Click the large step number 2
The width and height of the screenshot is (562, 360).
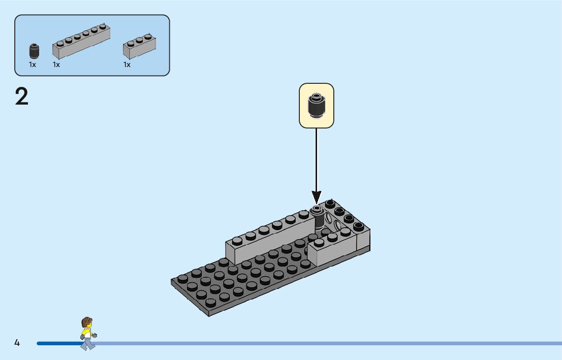[x=22, y=96]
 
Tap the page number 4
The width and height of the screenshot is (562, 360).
[x=17, y=343]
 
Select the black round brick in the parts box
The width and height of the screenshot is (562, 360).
[x=34, y=51]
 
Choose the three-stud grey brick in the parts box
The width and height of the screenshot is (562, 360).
[x=139, y=46]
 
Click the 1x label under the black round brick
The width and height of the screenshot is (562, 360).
[x=33, y=64]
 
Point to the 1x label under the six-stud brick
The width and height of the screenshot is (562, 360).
[x=56, y=64]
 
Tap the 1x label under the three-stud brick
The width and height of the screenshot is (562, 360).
[x=127, y=64]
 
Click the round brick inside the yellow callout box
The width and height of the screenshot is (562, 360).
[x=316, y=106]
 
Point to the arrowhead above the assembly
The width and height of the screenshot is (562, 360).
[x=317, y=197]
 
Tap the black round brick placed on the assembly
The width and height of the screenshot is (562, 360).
[x=318, y=218]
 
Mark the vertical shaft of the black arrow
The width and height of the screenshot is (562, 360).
[x=317, y=157]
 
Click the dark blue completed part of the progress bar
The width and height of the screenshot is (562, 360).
[x=58, y=343]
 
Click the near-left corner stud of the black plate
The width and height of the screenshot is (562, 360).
[x=182, y=279]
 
